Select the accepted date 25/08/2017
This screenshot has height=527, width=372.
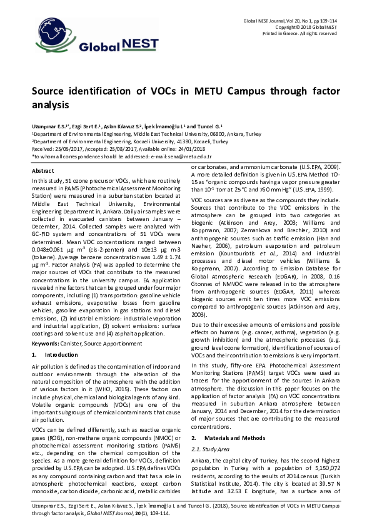pyautogui.click(x=118, y=150)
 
